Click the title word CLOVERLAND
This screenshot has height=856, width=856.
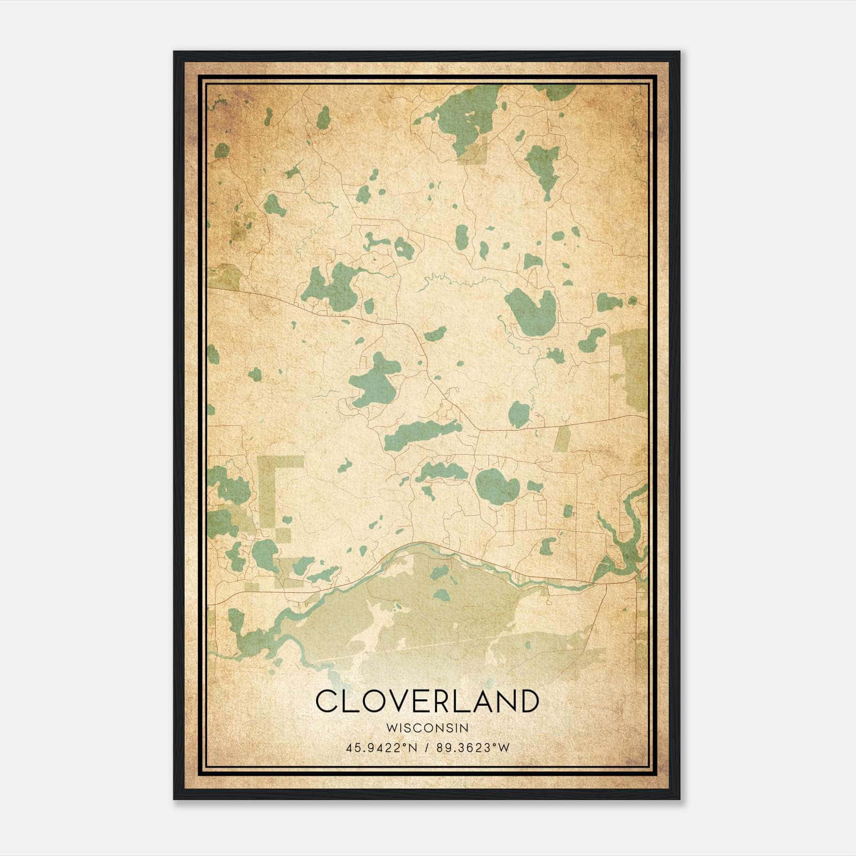tap(426, 701)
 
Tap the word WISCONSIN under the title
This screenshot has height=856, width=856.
tap(427, 728)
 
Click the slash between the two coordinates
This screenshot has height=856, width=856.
tap(427, 747)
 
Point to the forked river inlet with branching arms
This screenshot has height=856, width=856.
tap(621, 540)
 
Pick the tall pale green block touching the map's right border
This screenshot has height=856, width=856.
tap(631, 369)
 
